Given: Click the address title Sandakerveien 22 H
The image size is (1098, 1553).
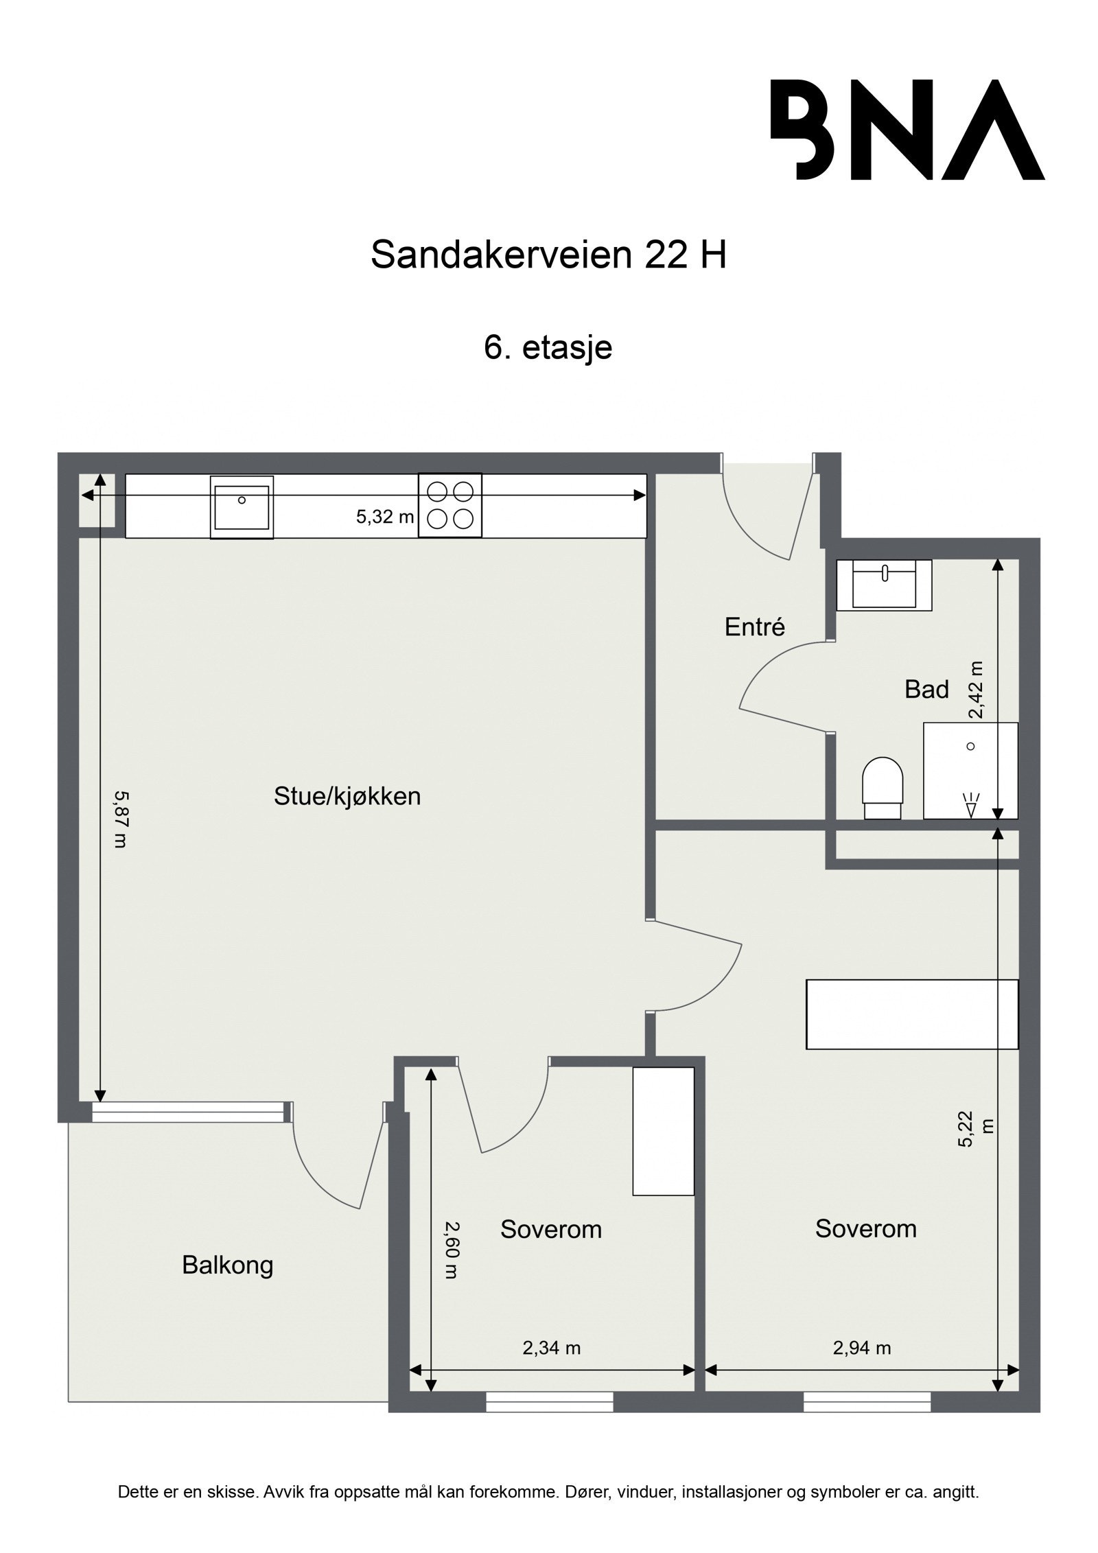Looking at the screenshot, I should (548, 255).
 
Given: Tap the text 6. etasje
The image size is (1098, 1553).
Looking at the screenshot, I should (548, 347).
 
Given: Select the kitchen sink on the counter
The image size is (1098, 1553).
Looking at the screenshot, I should (242, 507).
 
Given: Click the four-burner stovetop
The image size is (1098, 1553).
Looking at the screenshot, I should (449, 505).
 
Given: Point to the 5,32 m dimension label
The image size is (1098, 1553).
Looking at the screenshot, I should (384, 517).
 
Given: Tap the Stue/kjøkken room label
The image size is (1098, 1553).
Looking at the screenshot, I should (347, 796).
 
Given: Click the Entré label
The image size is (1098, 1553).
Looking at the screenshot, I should (754, 627).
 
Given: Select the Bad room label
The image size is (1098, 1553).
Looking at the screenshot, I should (926, 689).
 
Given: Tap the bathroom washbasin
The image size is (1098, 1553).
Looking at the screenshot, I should (884, 585).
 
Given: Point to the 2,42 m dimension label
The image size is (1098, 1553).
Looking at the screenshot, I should (975, 689).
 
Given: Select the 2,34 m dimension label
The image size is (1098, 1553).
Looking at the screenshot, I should (551, 1348).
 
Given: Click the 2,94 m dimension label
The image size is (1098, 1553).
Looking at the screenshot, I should (861, 1348).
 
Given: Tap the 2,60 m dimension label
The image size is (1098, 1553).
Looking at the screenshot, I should (451, 1250).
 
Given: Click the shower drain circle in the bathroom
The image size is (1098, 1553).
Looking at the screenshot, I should (970, 746).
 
